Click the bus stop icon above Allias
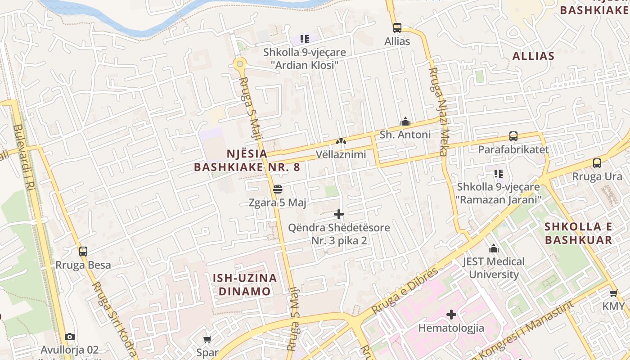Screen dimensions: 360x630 397,28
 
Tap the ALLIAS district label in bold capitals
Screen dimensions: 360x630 533,56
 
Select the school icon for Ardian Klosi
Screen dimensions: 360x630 305,39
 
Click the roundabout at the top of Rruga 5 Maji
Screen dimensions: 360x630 240,64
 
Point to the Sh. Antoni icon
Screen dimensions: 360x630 405,121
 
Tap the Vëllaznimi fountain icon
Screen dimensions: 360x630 341,141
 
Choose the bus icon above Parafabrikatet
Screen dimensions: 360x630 513,136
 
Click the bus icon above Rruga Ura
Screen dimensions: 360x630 597,163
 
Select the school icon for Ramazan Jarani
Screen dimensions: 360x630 498,173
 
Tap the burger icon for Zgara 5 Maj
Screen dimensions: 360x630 277,189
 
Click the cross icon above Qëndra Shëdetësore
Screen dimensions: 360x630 339,214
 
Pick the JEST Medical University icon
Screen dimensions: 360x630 494,248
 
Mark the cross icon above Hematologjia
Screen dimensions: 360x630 451,315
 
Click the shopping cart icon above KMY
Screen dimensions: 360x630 613,293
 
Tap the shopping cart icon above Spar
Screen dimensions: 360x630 207,339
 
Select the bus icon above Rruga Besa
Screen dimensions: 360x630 83,252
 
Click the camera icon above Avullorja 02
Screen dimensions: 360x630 69,337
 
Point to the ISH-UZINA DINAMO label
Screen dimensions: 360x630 245,284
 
